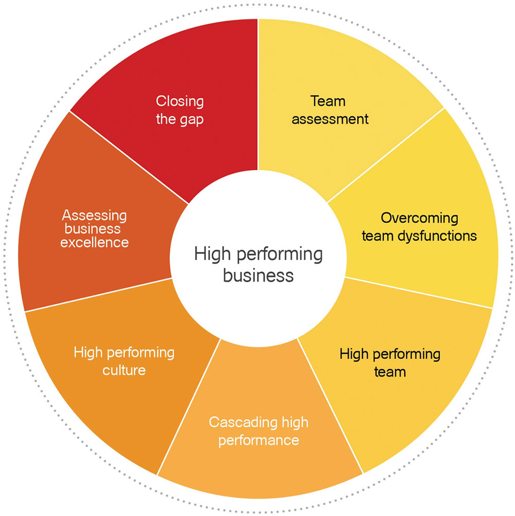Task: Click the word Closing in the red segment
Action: click(180, 101)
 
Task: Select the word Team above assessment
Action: click(328, 101)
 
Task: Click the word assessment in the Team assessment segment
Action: click(330, 119)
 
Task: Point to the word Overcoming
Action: click(420, 218)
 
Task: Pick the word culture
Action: click(124, 370)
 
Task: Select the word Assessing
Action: click(94, 216)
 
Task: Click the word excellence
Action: click(94, 243)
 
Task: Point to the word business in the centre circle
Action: click(259, 275)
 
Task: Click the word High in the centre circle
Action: click(212, 254)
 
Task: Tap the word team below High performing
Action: click(390, 372)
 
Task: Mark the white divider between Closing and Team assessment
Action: click(258, 95)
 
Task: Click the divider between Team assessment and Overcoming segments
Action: click(386, 156)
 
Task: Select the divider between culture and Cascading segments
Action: click(189, 407)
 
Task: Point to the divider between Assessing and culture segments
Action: click(98, 295)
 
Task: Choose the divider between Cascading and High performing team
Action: click(330, 406)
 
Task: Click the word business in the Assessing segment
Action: click(93, 229)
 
